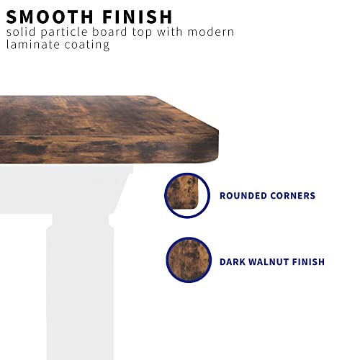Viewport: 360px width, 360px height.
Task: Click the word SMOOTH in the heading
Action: point(50,17)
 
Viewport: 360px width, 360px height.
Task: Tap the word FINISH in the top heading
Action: point(138,17)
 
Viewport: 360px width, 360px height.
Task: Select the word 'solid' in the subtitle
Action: point(21,32)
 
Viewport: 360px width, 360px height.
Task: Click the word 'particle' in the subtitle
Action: point(64,33)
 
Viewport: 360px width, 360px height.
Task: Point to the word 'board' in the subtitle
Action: point(109,32)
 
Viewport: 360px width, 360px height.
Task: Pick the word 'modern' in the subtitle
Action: point(211,32)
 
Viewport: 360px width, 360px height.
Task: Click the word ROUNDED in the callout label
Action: point(243,196)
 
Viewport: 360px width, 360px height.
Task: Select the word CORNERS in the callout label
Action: point(293,196)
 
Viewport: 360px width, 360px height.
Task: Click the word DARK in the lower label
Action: point(232,261)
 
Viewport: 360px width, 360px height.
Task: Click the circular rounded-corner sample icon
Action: point(187,195)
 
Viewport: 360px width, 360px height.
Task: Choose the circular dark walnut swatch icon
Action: point(189,260)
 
